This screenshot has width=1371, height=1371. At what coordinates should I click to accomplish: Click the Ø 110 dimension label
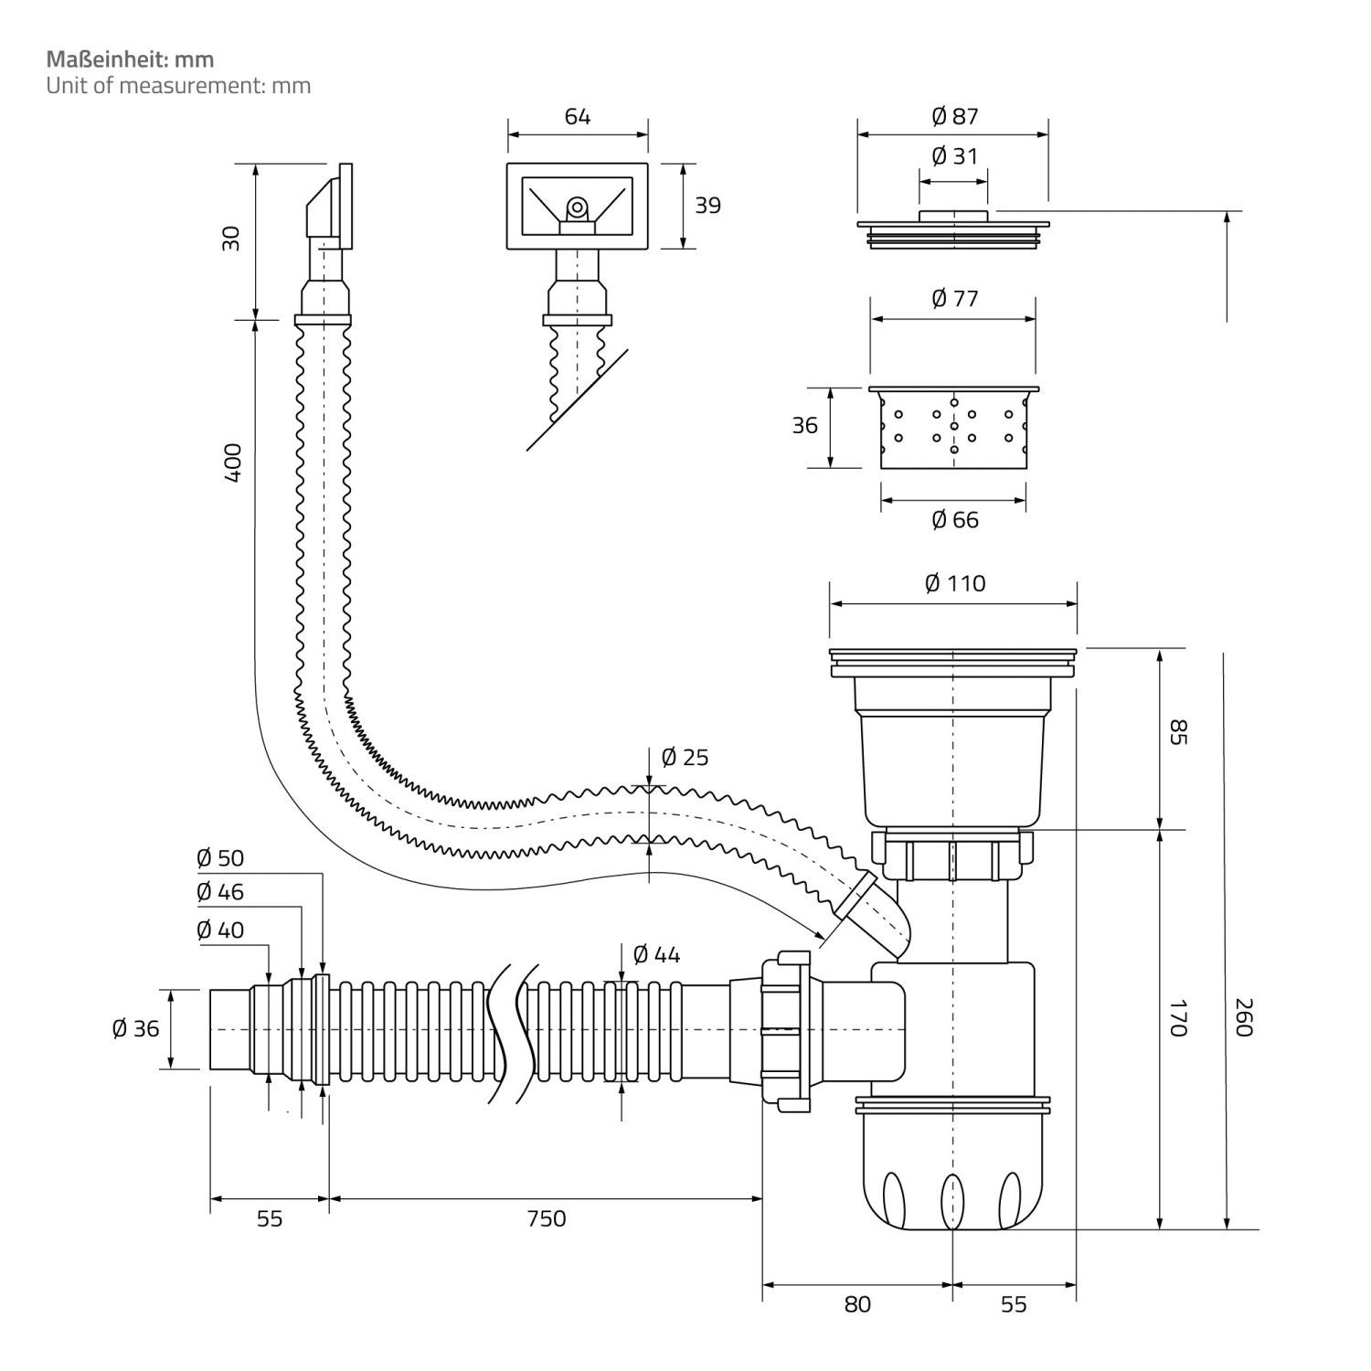coord(954,583)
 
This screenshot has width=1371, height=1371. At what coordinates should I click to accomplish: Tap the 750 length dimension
coord(546,1218)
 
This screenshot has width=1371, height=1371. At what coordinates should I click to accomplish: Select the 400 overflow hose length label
coord(232,462)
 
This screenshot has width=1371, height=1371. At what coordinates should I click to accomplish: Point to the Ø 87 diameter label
coord(954,116)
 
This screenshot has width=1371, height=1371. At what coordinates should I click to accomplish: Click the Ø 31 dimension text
coord(954,156)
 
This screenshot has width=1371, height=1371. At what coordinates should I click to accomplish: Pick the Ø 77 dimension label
coord(954,299)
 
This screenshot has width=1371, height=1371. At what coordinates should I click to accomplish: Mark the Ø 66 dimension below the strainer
coord(954,520)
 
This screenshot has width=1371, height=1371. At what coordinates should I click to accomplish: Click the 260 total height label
coord(1241,1016)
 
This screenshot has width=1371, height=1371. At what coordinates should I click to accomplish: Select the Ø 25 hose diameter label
coord(685,758)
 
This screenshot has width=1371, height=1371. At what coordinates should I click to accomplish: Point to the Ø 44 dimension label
coord(656,955)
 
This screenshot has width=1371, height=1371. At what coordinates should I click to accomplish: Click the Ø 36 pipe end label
coord(135,1028)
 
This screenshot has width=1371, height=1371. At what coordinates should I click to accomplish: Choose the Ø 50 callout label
coord(220,858)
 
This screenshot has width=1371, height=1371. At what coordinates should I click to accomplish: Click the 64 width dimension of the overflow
coord(578,116)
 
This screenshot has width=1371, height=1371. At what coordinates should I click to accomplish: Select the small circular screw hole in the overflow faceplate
coord(577,207)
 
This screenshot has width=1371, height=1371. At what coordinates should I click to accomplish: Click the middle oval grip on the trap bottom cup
coord(952,1200)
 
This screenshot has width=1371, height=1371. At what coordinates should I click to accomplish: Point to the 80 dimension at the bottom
coord(857,1304)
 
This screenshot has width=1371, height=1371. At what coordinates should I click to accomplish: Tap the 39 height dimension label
coord(707,206)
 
